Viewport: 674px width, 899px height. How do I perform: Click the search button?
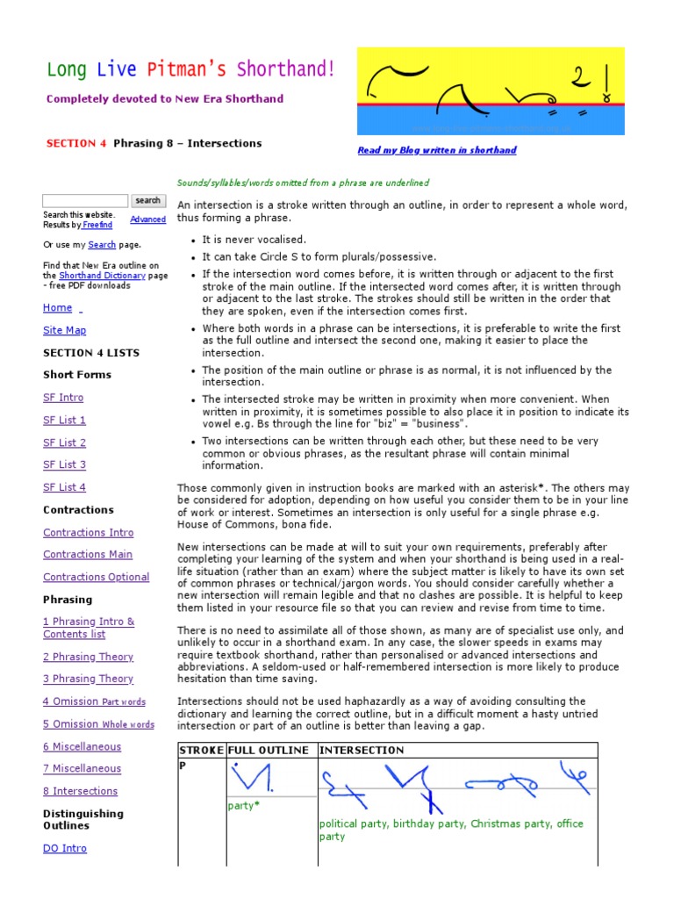[x=147, y=201]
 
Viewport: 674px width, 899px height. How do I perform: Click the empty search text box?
[x=85, y=201]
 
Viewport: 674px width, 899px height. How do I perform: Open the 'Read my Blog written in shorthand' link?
[x=437, y=150]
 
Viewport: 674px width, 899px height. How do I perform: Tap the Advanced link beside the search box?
[x=147, y=219]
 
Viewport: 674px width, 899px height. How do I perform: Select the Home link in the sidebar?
[x=58, y=307]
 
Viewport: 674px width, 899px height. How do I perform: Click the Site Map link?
[x=65, y=330]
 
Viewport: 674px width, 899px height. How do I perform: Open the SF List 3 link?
[x=65, y=464]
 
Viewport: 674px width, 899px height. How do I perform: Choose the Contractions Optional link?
[x=97, y=577]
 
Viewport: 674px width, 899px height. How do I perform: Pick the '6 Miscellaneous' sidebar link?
[x=82, y=746]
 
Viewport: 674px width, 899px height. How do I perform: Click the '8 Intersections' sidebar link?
[x=80, y=791]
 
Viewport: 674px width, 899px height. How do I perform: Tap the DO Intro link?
[x=65, y=848]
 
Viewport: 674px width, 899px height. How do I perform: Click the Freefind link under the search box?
[x=97, y=226]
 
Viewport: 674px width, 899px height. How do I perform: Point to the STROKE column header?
[x=201, y=751]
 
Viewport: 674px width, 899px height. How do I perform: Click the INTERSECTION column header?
[x=361, y=751]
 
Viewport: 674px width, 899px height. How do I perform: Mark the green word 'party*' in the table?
[x=244, y=805]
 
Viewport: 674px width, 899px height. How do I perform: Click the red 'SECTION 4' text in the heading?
[x=76, y=143]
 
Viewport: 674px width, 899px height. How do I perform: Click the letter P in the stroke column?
[x=183, y=766]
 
